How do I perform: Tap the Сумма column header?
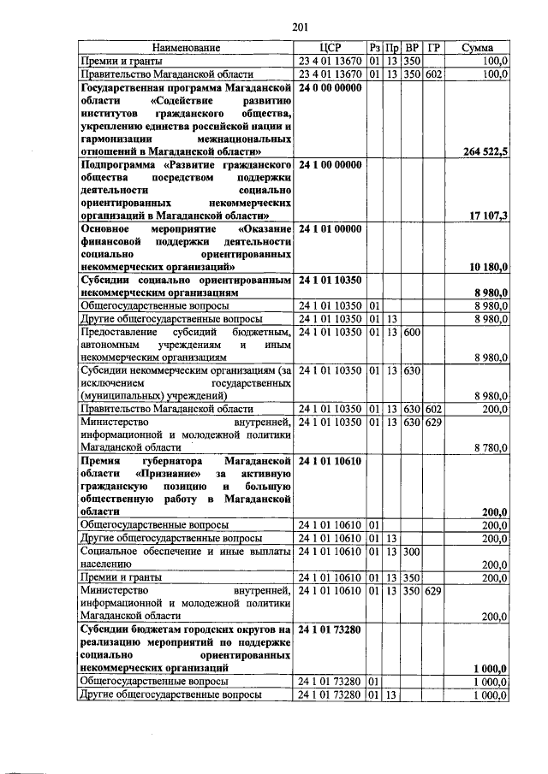(477, 48)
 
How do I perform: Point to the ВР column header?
(411, 48)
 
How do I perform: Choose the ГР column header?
(434, 48)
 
